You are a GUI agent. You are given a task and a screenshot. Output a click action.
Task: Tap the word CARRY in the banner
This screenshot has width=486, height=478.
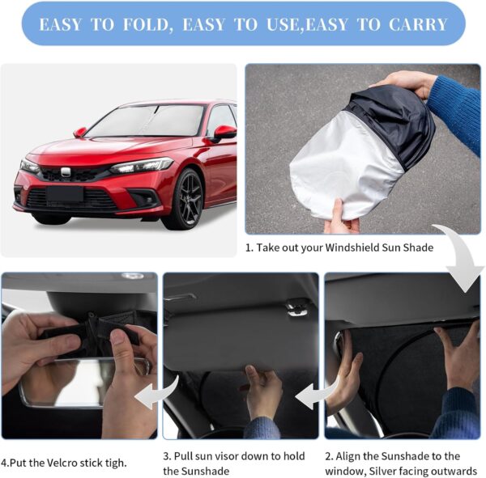pos(417,24)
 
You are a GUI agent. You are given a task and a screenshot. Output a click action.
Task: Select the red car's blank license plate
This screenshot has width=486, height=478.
pos(64,195)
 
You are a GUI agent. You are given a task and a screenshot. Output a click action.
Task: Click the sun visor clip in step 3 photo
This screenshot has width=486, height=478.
pos(298,307)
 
